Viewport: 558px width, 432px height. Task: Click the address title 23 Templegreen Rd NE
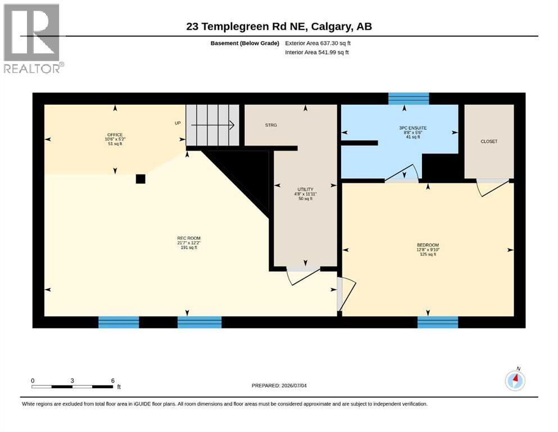pos(247,26)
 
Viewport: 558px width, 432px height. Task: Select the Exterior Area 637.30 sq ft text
pos(318,43)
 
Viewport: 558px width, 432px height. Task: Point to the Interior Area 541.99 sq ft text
pos(317,52)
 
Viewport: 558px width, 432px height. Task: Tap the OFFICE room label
pos(115,135)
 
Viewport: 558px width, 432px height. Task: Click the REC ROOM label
pos(189,238)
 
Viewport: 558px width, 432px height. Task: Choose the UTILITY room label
pos(305,190)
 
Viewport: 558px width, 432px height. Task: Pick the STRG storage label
pos(271,125)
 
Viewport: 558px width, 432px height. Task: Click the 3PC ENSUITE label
pos(413,128)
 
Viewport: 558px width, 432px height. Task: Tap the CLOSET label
pos(489,141)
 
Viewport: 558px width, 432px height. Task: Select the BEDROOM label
pos(428,245)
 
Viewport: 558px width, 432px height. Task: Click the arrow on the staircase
pos(212,125)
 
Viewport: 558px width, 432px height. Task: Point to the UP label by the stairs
pos(178,123)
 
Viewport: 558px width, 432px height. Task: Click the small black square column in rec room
pos(140,179)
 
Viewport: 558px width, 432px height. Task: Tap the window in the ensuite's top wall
pos(409,98)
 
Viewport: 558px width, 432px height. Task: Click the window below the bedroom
pos(438,322)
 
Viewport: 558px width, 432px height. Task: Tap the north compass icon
pos(515,380)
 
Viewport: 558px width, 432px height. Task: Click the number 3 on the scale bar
pos(72,381)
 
